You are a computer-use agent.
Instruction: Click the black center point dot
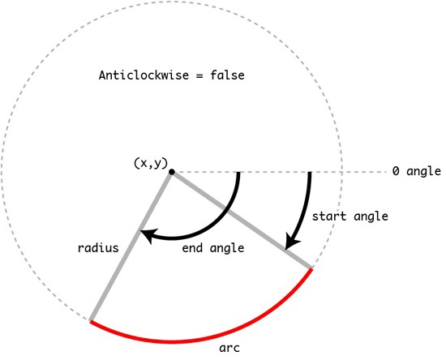[172, 172]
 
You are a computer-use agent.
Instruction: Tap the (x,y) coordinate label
[151, 164]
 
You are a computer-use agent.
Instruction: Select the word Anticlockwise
[144, 75]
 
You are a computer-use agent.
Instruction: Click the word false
[227, 75]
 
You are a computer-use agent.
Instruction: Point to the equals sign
[199, 76]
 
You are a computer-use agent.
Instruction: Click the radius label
[98, 247]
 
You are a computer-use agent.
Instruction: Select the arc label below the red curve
[229, 348]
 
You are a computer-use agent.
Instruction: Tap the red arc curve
[172, 341]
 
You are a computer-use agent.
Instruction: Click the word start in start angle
[329, 216]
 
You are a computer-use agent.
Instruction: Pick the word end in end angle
[192, 248]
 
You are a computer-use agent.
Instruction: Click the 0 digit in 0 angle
[396, 171]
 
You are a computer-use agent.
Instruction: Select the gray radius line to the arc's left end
[131, 246]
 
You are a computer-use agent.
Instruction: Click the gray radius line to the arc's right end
[242, 220]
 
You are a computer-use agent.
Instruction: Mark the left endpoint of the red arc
[91, 321]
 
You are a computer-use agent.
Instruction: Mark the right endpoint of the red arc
[311, 268]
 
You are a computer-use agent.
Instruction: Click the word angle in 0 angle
[423, 172]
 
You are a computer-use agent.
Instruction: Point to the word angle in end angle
[227, 249]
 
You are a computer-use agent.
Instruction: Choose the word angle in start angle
[371, 217]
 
